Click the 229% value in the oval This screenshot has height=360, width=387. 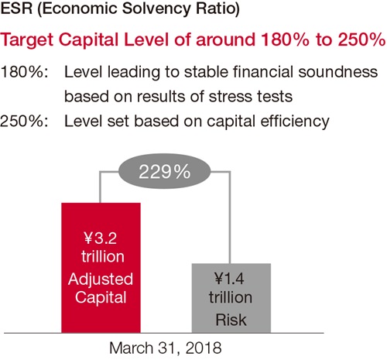click(x=164, y=172)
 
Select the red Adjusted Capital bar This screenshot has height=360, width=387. click(x=101, y=268)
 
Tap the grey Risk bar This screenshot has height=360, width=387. click(x=231, y=298)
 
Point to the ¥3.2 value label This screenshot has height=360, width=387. click(x=101, y=238)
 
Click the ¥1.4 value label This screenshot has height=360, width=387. click(x=229, y=279)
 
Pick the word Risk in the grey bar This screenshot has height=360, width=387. click(x=231, y=320)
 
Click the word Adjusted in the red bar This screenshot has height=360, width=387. click(x=101, y=279)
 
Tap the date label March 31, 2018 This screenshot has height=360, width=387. click(x=166, y=348)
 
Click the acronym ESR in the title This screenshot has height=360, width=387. click(x=16, y=8)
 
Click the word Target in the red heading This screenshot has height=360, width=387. click(x=27, y=41)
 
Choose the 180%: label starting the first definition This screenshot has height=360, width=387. click(x=24, y=72)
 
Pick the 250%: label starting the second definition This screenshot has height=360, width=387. click(x=24, y=121)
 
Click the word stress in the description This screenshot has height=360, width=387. click(x=228, y=97)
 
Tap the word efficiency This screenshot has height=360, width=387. click(x=295, y=122)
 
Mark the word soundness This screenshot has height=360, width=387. click(x=338, y=71)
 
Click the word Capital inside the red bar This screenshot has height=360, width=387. click(x=101, y=298)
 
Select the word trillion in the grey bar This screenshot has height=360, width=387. click(x=231, y=297)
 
